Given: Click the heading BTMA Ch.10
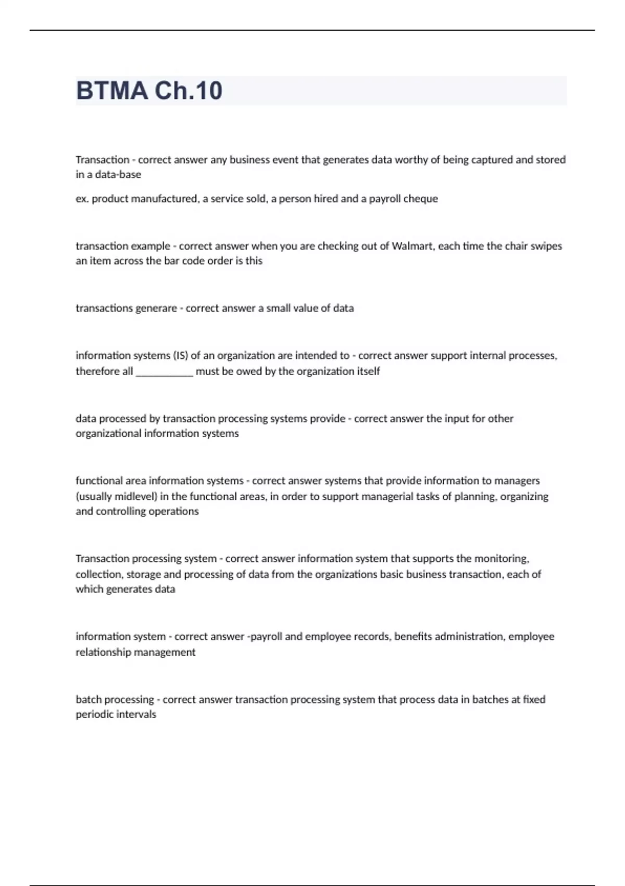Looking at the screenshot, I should click(149, 91).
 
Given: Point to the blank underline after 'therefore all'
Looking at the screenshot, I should click(164, 372).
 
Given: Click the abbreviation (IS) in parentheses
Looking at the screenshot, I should click(180, 355).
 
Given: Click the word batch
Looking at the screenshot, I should click(88, 699).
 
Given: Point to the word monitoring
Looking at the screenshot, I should click(501, 559).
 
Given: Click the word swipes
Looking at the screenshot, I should click(546, 246).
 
